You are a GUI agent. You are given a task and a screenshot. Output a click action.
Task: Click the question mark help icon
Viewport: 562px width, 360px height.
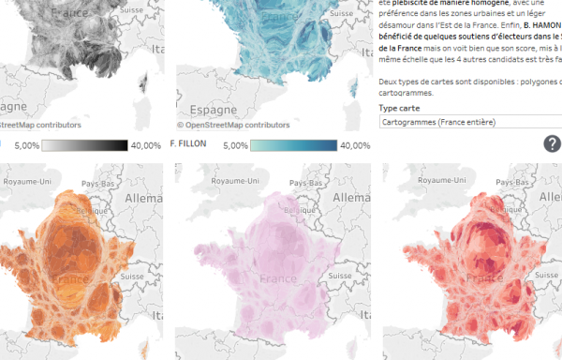(553, 143)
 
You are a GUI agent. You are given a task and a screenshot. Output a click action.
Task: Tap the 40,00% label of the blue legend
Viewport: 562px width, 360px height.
(355, 145)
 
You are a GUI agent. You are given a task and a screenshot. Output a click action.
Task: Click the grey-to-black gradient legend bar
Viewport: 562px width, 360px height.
(84, 145)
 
